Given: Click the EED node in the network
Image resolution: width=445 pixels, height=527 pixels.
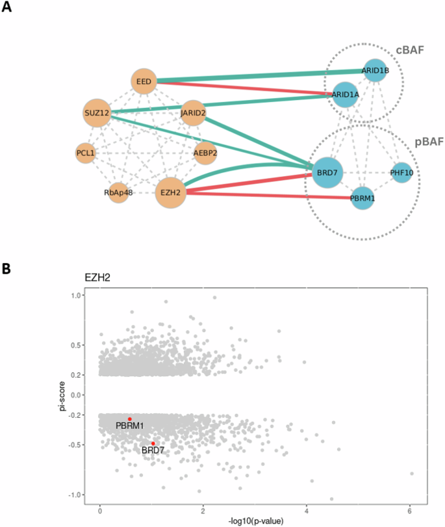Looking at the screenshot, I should click(x=144, y=82).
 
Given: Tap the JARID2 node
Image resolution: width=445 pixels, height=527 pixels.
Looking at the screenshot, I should click(x=193, y=114).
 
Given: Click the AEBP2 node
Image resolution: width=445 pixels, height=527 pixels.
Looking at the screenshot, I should click(x=205, y=154).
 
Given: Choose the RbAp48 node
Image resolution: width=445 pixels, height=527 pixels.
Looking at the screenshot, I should click(x=118, y=192).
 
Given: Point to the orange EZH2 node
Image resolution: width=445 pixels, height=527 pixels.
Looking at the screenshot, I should click(x=170, y=193).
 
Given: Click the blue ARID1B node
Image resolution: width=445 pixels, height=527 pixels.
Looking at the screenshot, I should click(x=375, y=70).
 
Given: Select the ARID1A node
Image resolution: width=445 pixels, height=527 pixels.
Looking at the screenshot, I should click(x=345, y=94).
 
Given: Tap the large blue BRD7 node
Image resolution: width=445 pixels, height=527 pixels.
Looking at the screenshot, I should click(x=327, y=173).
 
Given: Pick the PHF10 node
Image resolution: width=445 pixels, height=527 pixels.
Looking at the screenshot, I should click(x=401, y=173).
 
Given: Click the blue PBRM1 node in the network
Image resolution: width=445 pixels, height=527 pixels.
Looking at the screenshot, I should click(x=363, y=198).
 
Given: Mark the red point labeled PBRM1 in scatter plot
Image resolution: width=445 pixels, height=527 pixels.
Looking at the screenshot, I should click(x=130, y=419).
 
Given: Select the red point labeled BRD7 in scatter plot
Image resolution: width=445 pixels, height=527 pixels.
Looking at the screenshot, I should click(x=153, y=443).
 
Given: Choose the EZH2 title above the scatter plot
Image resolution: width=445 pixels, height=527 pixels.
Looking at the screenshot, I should click(x=97, y=277).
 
